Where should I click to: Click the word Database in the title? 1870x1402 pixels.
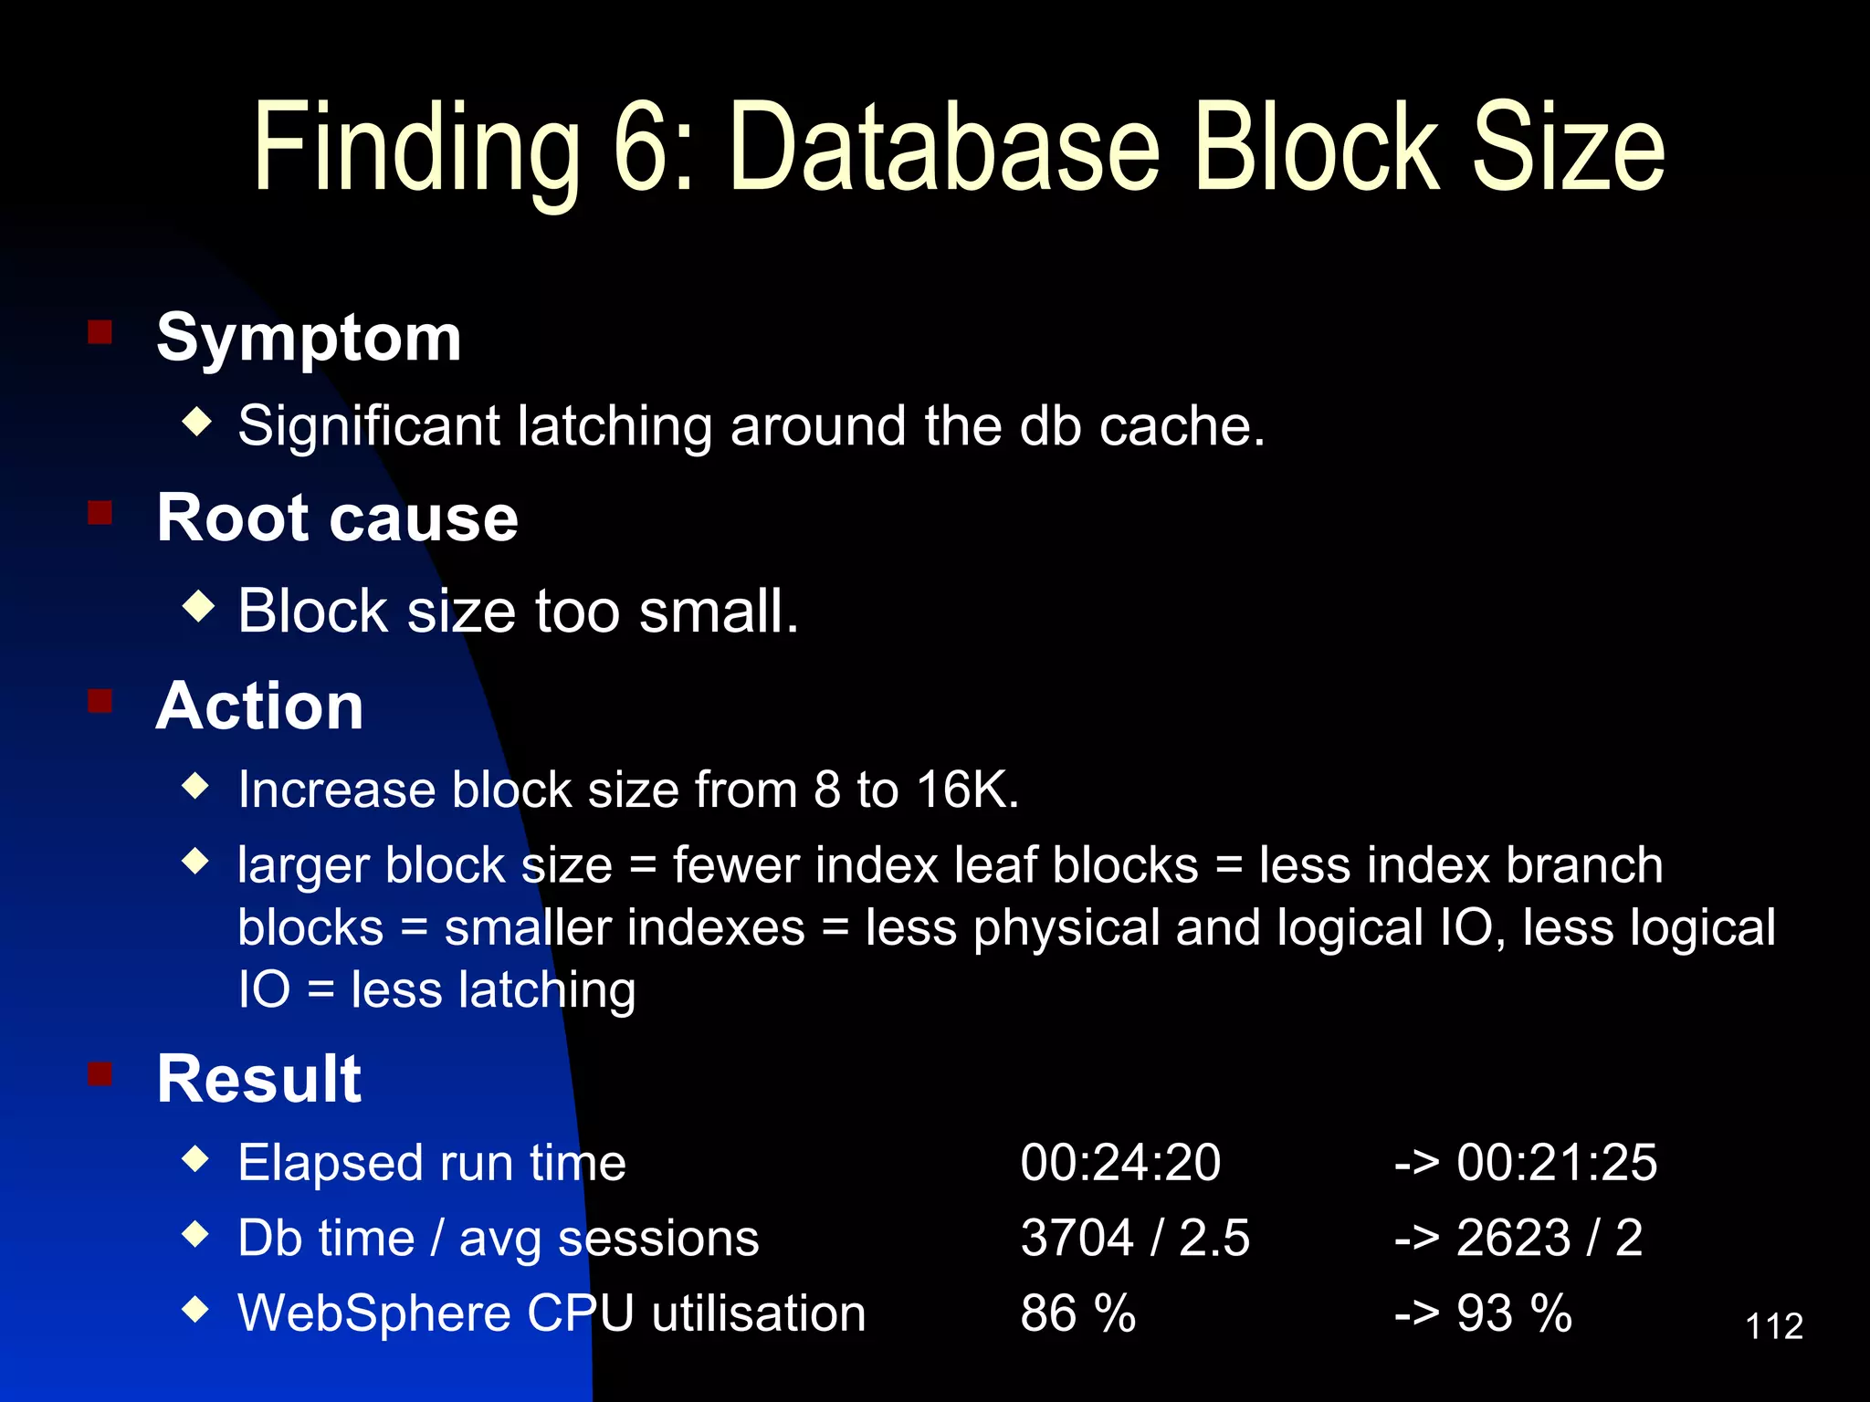(945, 148)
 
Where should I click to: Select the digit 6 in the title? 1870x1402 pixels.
(639, 148)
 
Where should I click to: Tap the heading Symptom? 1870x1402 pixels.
(309, 338)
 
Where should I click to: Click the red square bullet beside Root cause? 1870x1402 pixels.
(100, 513)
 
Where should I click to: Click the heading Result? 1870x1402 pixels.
(259, 1078)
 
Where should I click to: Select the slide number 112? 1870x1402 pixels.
(1773, 1326)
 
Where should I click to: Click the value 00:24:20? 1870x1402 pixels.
(1120, 1163)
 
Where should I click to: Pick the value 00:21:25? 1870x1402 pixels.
(1556, 1163)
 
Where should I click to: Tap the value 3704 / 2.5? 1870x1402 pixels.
(1135, 1239)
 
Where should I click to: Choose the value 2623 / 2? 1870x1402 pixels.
(1550, 1239)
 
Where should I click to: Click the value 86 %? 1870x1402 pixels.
(1077, 1314)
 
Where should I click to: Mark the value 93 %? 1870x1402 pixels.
(1514, 1314)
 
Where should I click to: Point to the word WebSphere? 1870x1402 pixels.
(373, 1314)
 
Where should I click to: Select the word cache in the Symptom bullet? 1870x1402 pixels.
(1182, 426)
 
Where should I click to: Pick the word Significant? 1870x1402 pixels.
(369, 426)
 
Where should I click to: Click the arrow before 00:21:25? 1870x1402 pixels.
(1416, 1164)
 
